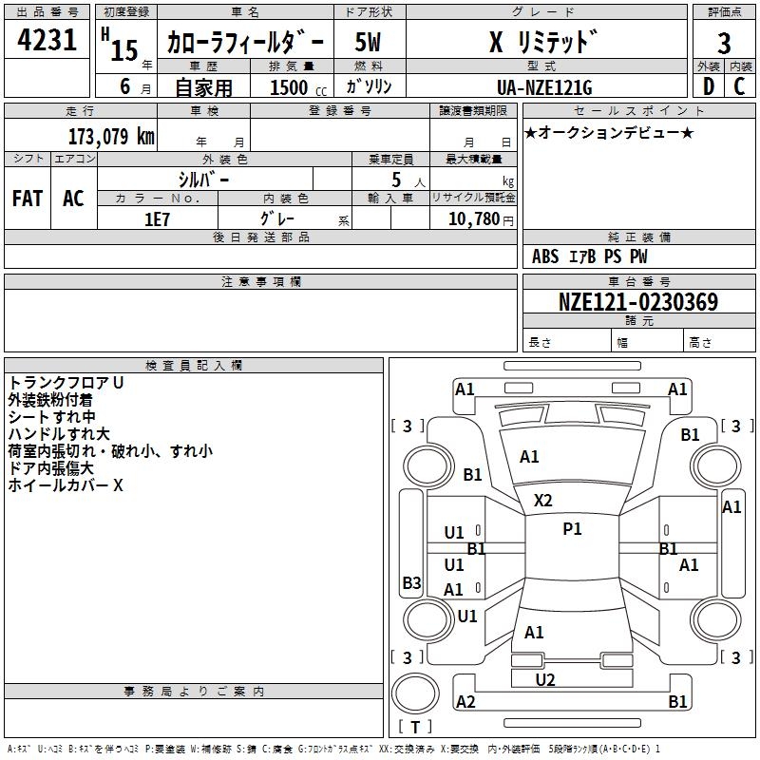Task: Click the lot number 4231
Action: pos(47,40)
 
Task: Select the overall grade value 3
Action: pos(724,44)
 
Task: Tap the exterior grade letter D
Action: pos(709,86)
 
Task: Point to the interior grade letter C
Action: pos(739,86)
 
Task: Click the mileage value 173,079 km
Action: pos(111,137)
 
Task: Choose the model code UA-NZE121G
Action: pos(544,87)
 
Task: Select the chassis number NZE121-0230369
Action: pos(638,301)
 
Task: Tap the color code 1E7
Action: pos(157,219)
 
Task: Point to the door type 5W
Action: pos(368,42)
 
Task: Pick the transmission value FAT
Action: pos(28,199)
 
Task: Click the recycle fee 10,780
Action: pos(474,219)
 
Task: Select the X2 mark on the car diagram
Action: pos(542,501)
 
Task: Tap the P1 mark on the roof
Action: pos(572,529)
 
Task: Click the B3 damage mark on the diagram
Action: pos(412,582)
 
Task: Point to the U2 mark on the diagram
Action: pos(545,680)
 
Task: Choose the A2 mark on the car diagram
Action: pos(465,702)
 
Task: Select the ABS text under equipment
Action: pos(545,256)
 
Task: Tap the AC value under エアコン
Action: pos(74,199)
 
